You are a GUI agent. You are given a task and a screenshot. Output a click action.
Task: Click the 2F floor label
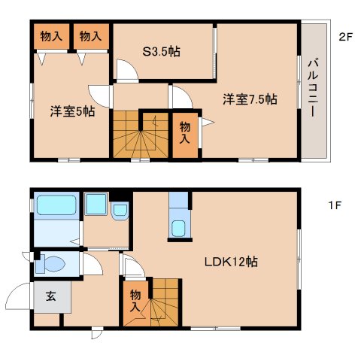(345, 35)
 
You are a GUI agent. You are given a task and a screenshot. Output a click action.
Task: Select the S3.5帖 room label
(162, 52)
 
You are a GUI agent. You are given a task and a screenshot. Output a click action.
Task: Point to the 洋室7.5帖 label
(250, 99)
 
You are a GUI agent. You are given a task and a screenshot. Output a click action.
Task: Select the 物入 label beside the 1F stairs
(135, 301)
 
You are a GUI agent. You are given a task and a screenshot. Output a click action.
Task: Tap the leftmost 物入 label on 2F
(51, 36)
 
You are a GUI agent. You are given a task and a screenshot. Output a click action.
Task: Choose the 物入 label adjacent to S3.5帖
(91, 36)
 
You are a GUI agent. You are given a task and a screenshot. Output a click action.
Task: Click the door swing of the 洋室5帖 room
(99, 95)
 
